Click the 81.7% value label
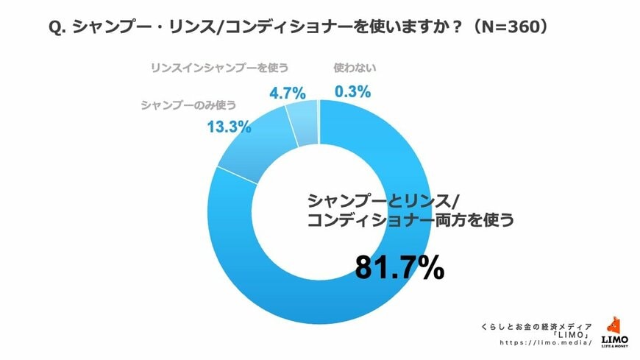pyautogui.click(x=399, y=268)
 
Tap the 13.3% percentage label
pyautogui.click(x=228, y=126)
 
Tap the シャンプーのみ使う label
pyautogui.click(x=188, y=104)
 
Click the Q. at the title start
pyautogui.click(x=58, y=27)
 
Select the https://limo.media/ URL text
pyautogui.click(x=546, y=343)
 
